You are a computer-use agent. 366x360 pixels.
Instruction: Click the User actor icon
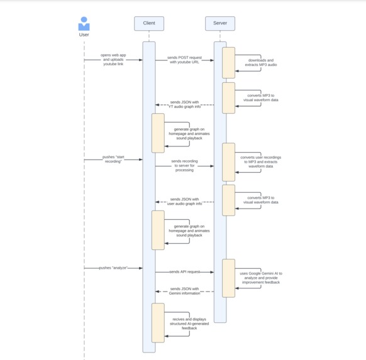click(84, 24)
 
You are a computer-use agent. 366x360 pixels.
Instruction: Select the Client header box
click(149, 24)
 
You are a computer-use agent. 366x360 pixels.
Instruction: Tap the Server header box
click(220, 24)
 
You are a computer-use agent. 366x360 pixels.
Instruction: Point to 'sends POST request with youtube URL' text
click(184, 60)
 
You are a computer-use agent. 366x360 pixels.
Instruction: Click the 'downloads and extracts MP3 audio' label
click(261, 62)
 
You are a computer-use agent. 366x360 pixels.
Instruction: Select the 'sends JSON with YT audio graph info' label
click(184, 104)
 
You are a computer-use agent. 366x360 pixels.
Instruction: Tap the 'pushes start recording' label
click(113, 159)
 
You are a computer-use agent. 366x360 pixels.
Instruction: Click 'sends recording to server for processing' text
click(184, 165)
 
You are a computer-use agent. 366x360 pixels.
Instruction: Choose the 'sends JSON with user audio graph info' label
click(184, 201)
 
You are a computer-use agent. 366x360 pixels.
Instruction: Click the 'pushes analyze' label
click(113, 268)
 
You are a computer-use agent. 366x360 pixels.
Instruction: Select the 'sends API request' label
click(184, 272)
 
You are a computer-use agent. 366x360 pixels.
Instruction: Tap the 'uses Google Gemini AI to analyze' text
click(261, 278)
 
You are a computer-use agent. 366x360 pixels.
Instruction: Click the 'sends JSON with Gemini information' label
click(184, 291)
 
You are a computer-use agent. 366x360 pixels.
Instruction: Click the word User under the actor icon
click(84, 35)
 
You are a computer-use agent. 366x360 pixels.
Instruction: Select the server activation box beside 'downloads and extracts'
click(228, 62)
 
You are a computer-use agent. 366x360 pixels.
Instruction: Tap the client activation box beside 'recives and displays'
click(158, 323)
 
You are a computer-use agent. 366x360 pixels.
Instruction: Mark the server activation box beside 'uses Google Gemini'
click(228, 278)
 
